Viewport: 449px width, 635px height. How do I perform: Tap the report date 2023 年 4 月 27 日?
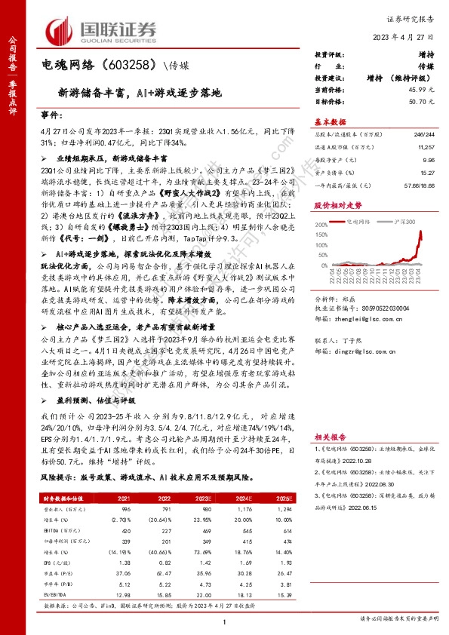coord(402,38)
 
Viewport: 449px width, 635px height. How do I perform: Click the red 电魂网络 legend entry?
coord(357,223)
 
